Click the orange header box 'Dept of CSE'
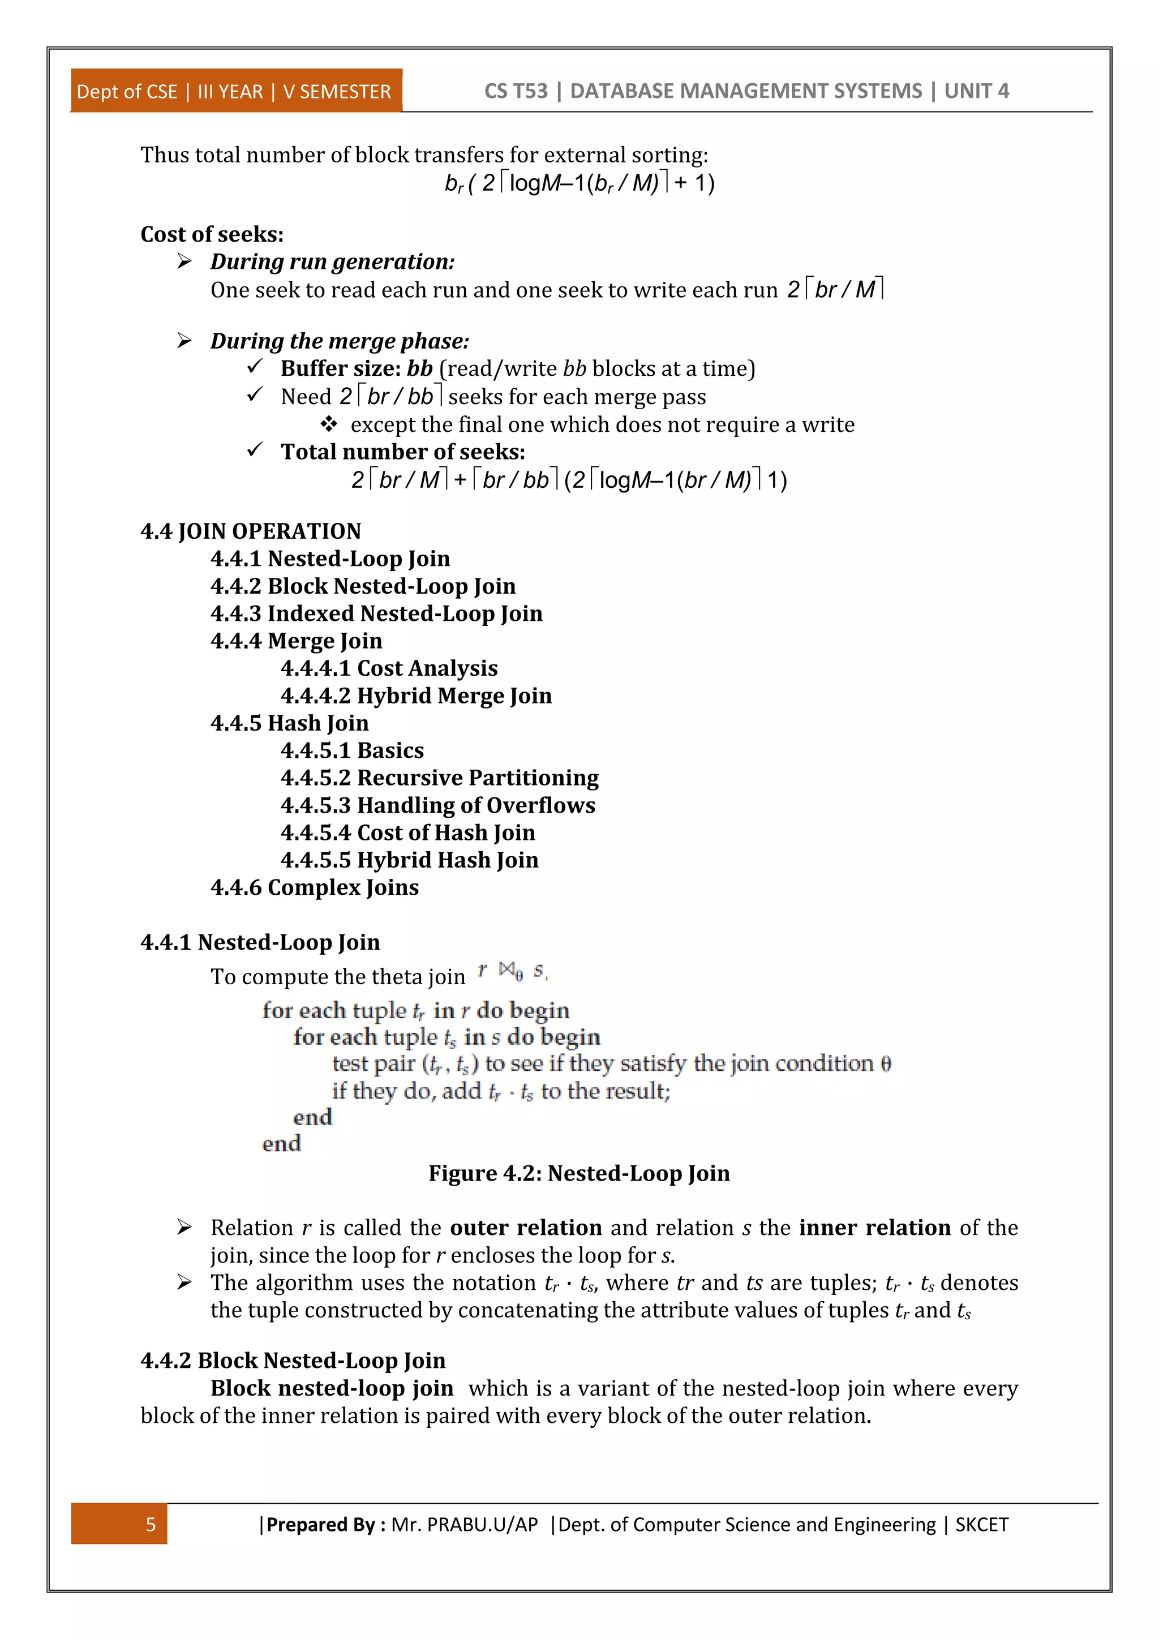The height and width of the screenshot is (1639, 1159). pos(235,91)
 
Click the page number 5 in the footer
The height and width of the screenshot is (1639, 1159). pos(151,1525)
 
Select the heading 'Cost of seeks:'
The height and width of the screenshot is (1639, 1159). pos(212,234)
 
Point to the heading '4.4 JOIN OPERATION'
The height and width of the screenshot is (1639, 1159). pos(251,531)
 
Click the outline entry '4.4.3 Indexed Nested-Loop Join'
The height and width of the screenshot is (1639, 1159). pos(376,613)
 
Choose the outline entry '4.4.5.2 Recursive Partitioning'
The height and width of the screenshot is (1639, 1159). pos(439,778)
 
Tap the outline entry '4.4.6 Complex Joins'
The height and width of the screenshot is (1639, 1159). pos(314,887)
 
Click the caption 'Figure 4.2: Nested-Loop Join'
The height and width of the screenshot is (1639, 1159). pos(579,1174)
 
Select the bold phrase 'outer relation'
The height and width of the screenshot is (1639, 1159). pos(526,1228)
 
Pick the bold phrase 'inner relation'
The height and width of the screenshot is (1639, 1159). pos(874,1228)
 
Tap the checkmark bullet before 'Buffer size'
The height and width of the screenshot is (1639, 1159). pos(255,367)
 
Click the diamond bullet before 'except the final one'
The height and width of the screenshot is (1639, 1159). pos(328,424)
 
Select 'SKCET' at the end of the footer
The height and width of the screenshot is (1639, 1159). pos(981,1525)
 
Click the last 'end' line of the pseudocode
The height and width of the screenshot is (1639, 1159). pos(281,1144)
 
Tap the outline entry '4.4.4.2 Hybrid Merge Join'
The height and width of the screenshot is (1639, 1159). pos(416,696)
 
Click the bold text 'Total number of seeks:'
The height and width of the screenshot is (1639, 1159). pos(402,452)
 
